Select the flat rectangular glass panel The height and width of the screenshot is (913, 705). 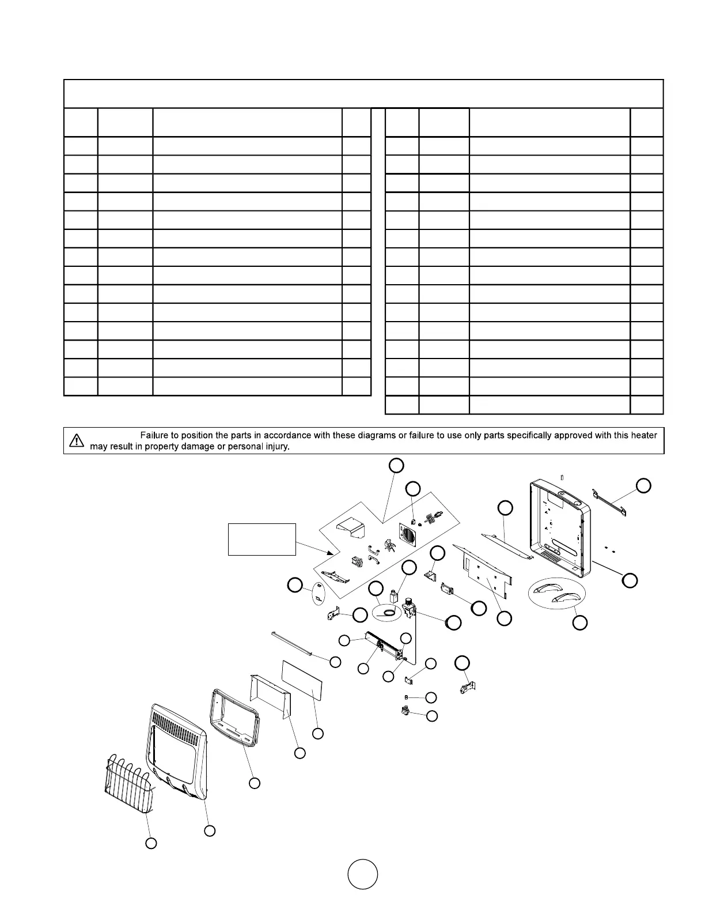pos(301,680)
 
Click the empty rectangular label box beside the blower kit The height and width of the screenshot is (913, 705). pos(262,539)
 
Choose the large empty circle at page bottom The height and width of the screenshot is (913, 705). pos(363,874)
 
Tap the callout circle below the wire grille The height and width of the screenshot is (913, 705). pos(150,843)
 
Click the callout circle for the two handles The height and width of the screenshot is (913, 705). pos(581,622)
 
